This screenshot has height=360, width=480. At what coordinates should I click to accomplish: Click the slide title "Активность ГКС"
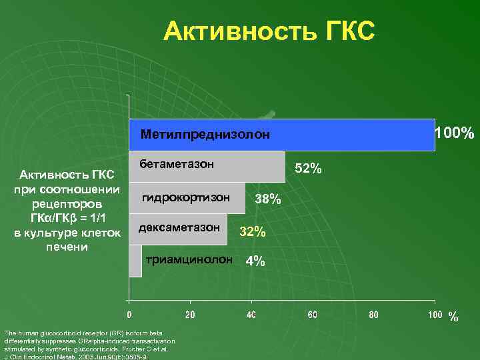[x=269, y=31]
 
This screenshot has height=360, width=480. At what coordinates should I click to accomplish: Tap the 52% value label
[x=309, y=169]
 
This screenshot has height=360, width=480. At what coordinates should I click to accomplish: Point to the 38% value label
[x=268, y=200]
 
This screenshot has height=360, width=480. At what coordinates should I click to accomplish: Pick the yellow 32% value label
[x=253, y=232]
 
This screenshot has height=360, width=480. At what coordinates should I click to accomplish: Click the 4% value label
[x=255, y=261]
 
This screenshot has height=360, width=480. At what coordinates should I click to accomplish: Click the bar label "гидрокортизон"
[x=186, y=198]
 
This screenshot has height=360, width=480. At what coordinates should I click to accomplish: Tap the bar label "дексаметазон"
[x=179, y=228]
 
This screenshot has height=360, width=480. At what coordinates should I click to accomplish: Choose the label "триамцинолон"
[x=190, y=259]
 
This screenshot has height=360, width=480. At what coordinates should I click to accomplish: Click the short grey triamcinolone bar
[x=136, y=260]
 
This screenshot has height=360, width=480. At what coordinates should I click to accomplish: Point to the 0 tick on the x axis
[x=129, y=313]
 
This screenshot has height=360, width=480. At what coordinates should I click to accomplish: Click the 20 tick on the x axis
[x=190, y=313]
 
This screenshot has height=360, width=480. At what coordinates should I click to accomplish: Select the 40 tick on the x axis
[x=251, y=313]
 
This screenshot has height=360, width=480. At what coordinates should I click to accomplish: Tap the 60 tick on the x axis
[x=313, y=313]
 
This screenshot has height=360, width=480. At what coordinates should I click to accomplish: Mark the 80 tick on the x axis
[x=374, y=313]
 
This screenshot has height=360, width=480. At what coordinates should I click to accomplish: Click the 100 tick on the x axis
[x=434, y=313]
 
